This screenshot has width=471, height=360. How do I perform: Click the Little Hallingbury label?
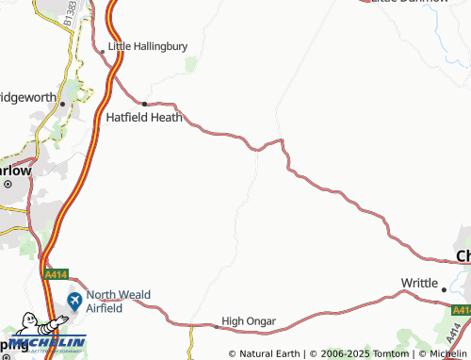(148, 45)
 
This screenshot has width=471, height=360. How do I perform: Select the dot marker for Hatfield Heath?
(144, 103)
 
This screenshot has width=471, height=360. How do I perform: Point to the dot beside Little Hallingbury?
(103, 45)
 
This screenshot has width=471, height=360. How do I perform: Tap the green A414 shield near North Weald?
(57, 274)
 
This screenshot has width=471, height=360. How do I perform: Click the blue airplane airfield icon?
(73, 303)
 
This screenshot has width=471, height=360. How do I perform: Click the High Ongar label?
(249, 321)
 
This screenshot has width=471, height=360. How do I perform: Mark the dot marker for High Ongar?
(216, 326)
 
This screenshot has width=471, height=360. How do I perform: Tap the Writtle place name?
(419, 283)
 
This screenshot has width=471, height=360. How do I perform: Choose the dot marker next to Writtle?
(444, 289)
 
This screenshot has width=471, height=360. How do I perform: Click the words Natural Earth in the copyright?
(270, 353)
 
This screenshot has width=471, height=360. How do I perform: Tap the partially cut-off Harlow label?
(15, 172)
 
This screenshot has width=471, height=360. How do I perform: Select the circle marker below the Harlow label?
(7, 185)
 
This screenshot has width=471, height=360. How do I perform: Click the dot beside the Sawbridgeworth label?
(63, 104)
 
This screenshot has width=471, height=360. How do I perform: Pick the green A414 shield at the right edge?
(461, 310)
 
